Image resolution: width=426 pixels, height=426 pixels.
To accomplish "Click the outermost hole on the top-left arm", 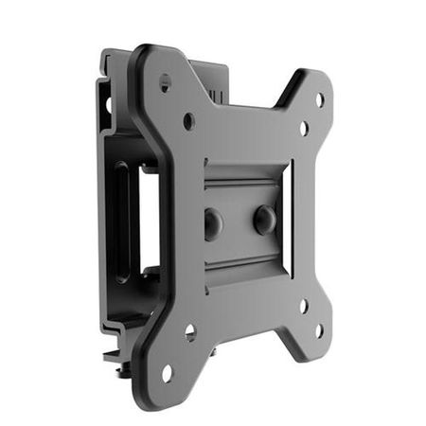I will coord(166,83).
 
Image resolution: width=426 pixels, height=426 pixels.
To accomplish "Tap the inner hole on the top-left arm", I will coord(189,120).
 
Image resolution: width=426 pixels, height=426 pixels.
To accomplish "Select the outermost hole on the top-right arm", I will coord(319,98).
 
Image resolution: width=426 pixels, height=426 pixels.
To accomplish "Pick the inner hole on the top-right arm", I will coord(304,128).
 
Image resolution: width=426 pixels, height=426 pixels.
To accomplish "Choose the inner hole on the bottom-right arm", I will coord(303,306).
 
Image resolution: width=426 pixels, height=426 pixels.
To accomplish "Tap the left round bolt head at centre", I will coord(213,223).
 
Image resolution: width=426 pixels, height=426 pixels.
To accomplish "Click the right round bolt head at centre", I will coord(264,220).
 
